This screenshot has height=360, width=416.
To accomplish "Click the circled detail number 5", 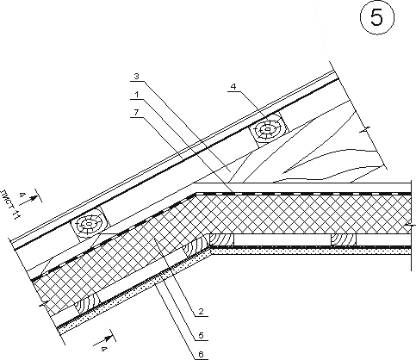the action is tap(377, 17).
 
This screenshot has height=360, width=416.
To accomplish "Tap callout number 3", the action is tap(136, 77).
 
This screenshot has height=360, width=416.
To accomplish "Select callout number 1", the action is tap(137, 95).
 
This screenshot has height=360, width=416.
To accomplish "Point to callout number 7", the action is tap(136, 113).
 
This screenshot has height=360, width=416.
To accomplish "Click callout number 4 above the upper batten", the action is tap(233, 86).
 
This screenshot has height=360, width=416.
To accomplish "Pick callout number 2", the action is tap(201, 311).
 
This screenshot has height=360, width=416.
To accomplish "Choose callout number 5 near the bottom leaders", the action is tap(201, 335).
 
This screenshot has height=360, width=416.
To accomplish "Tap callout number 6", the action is tap(201, 354).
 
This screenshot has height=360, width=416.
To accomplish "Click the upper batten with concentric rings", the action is tap(268, 130).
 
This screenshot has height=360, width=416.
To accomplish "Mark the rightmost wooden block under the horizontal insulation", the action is tap(344, 239).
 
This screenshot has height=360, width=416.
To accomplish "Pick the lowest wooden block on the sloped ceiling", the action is tap(87, 304).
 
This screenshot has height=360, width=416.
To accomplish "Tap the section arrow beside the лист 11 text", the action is tap(32, 199).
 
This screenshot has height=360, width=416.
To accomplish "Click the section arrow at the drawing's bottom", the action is tap(105, 338).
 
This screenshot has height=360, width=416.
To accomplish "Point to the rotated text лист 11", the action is tap(10, 203).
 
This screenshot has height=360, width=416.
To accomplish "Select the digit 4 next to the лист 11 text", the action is tap(21, 196).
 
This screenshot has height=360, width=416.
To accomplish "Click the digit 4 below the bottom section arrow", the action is tap(104, 349).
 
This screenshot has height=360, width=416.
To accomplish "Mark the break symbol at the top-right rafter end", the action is tap(365, 130).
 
